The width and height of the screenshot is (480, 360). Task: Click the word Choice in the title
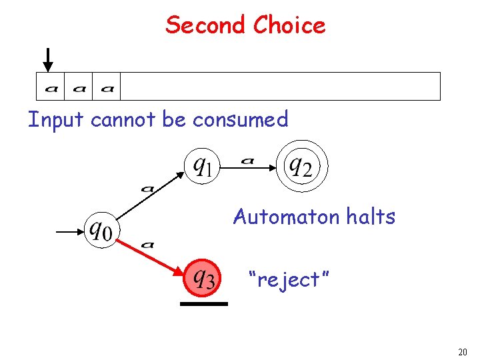coord(289,25)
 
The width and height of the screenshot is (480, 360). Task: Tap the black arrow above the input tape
coord(47,59)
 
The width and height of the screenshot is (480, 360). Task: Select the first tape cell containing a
coord(50,87)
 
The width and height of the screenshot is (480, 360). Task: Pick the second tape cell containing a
coord(79,87)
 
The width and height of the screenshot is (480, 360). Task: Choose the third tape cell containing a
coord(107,87)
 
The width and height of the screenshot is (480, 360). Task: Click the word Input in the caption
coord(56,119)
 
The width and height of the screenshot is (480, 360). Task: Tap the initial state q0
coord(101,231)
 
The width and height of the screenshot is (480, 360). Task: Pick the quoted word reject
coord(283,279)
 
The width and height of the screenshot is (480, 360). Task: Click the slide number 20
coord(463,352)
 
